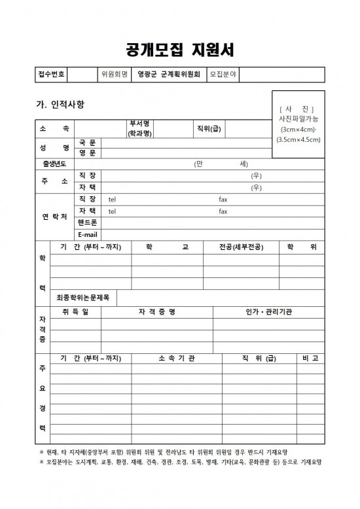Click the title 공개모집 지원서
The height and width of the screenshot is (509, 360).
click(179, 50)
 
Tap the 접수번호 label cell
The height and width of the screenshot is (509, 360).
click(51, 74)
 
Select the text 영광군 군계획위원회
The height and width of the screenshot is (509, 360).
click(168, 74)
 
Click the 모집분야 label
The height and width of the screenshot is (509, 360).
click(223, 74)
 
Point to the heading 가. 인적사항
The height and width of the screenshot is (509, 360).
click(60, 104)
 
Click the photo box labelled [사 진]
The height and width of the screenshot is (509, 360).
click(298, 124)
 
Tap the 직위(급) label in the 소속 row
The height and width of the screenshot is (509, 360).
click(209, 128)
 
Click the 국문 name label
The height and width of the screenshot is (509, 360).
click(88, 142)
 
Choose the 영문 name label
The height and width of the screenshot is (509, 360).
click(88, 152)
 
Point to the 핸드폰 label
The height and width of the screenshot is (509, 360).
click(88, 223)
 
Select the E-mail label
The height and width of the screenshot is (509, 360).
click(88, 235)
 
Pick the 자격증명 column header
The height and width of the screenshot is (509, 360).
click(157, 311)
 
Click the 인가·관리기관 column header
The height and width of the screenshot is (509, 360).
click(268, 311)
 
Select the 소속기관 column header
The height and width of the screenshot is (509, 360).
click(177, 358)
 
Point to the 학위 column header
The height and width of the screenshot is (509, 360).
click(302, 247)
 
